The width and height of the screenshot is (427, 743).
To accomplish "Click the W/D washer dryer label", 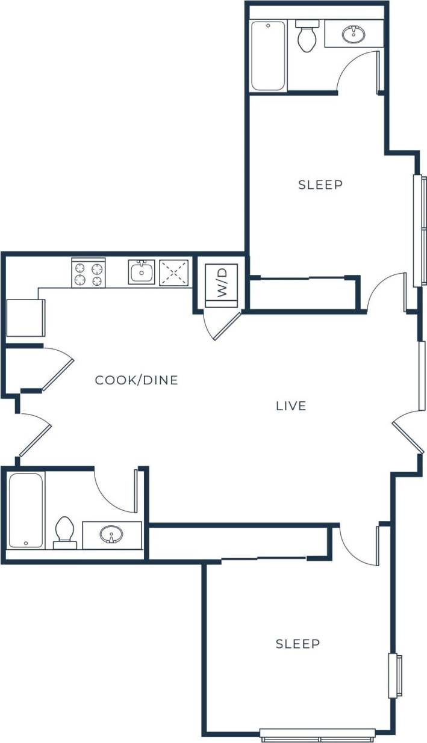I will click(222, 282).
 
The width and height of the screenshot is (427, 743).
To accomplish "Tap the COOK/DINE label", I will click(137, 380).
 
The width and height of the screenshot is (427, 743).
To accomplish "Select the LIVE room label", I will click(291, 406).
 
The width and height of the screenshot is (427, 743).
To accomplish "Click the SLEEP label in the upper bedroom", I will click(320, 185).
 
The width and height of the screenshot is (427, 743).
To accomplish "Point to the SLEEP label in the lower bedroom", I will click(298, 644).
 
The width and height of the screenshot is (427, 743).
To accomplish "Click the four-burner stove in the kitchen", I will click(89, 274).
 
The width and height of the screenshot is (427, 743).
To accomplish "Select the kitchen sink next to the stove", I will click(142, 273).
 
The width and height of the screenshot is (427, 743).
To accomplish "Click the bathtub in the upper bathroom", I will click(268, 56).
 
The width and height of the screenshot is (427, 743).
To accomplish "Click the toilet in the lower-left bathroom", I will click(64, 532).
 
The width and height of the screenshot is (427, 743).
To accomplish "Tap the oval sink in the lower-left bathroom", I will click(111, 534).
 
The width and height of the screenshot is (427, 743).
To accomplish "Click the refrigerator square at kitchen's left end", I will click(25, 318).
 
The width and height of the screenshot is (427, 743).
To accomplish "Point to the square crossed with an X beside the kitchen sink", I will click(175, 273).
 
